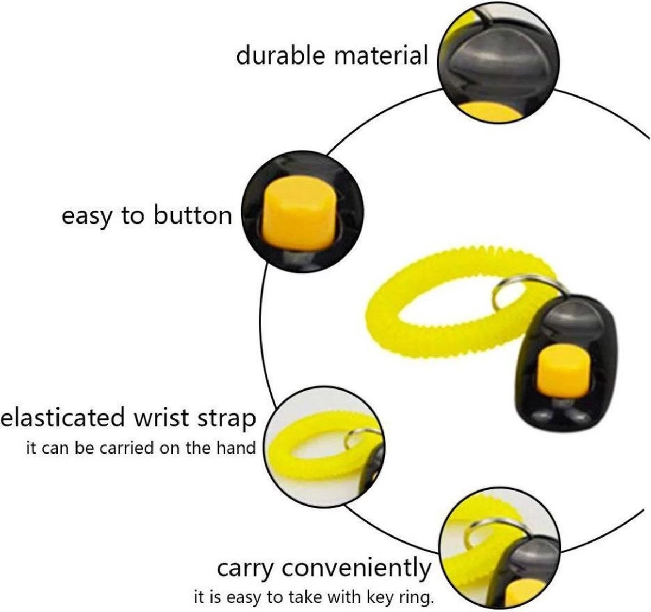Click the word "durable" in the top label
pyautogui.click(x=280, y=56)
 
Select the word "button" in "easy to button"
pyautogui.click(x=193, y=215)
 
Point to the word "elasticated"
pyautogui.click(x=63, y=418)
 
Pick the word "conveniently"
pyautogui.click(x=356, y=569)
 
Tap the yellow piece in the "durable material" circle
pyautogui.click(x=491, y=111)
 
